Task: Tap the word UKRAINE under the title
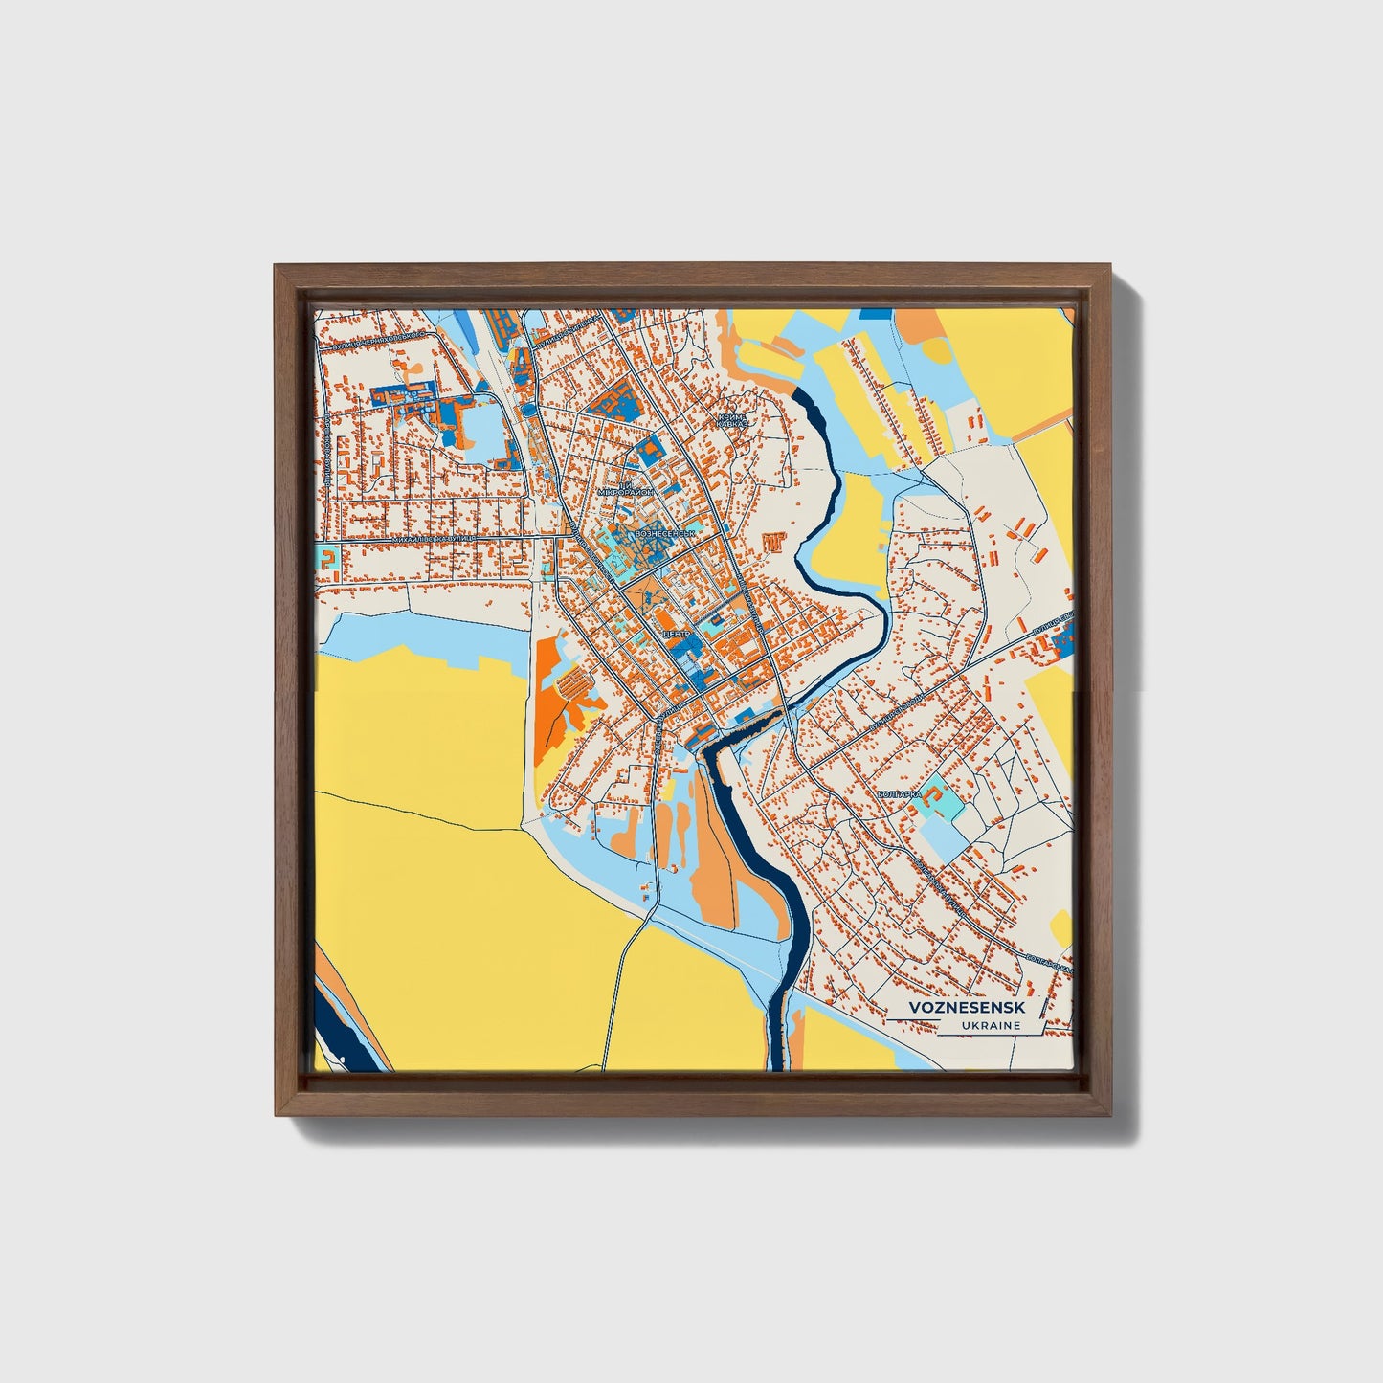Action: click(989, 1026)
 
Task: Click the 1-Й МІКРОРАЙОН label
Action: click(625, 489)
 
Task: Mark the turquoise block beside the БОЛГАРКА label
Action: click(936, 796)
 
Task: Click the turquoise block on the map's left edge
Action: click(327, 558)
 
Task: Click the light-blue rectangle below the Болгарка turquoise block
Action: click(944, 836)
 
